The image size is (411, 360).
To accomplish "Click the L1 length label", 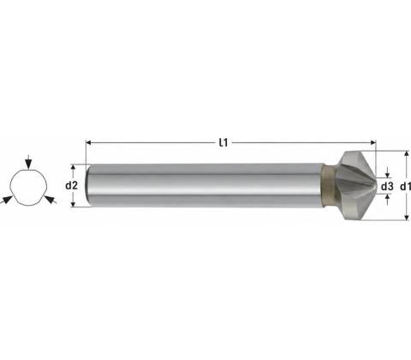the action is point(223,142).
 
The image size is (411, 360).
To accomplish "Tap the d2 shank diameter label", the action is point(71,186).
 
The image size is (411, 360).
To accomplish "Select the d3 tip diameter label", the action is point(387,187).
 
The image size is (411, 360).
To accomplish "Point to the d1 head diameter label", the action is point(405,187).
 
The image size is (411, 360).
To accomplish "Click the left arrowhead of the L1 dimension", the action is point(88,142).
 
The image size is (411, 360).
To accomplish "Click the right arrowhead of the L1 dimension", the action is point(373,142).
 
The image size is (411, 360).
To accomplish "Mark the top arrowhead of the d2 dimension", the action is point(74,167).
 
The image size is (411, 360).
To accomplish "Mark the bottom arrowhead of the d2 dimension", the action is point(74,204).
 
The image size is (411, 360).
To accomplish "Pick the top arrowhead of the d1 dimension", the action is point(407,154).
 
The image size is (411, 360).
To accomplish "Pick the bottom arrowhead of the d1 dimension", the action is point(407,218).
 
